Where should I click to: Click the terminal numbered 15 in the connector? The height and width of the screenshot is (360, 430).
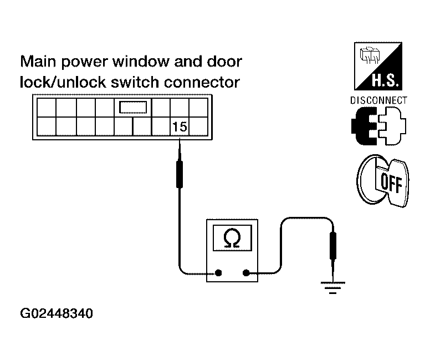[x=180, y=126]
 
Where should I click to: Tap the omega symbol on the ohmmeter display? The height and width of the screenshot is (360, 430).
[x=232, y=238]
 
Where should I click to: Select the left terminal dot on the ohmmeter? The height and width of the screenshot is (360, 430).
[x=218, y=273]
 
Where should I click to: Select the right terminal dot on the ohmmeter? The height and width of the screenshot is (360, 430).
[x=246, y=273]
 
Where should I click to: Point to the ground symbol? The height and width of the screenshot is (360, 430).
[x=332, y=287]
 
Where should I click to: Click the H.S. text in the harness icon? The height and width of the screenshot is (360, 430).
[x=385, y=81]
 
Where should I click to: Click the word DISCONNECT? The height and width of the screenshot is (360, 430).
[x=378, y=100]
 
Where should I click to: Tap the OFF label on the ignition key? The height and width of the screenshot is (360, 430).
[x=392, y=183]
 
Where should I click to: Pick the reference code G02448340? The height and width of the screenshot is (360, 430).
[x=57, y=313]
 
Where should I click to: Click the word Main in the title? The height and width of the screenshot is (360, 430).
[x=38, y=61]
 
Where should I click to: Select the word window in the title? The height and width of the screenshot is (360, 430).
[x=141, y=61]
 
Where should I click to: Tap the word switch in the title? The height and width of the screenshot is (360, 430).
[x=135, y=82]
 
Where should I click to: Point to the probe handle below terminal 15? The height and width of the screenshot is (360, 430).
[x=180, y=174]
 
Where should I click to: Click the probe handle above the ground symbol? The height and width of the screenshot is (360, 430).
[x=333, y=246]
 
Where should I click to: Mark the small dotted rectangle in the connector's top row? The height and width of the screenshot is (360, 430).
[x=133, y=107]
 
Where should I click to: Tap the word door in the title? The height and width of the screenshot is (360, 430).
[x=224, y=61]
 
